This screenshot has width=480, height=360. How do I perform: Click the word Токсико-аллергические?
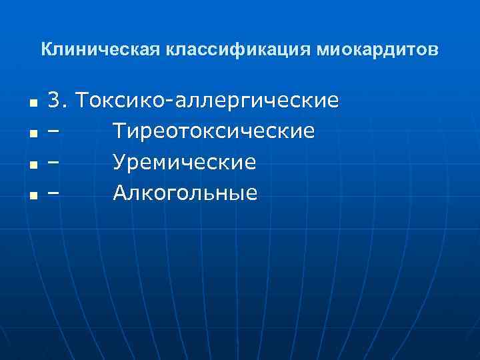coord(207,101)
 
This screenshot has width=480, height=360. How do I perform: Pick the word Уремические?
coord(185,163)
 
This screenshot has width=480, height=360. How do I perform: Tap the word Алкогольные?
coord(185,193)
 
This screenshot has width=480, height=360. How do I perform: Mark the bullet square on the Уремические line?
coord(33,166)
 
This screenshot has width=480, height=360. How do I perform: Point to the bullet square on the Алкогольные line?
coord(33,197)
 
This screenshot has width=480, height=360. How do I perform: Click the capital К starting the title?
coord(45,50)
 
